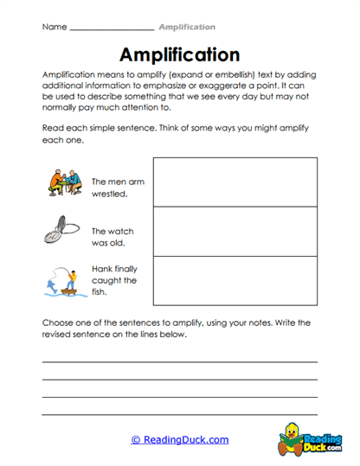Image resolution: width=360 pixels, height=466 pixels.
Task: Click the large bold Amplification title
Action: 179,54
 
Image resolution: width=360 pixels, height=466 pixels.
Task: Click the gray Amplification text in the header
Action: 186,27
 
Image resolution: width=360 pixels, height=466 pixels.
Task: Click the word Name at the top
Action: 54,27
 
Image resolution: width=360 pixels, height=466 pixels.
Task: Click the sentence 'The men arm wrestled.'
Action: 111,188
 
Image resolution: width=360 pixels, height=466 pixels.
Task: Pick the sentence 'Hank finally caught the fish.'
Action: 114,280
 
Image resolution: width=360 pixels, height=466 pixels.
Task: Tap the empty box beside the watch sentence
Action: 235,231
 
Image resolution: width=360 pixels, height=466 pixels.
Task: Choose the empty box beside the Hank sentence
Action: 235,281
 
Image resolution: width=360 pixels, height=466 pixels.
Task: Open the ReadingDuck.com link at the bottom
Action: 180,439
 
